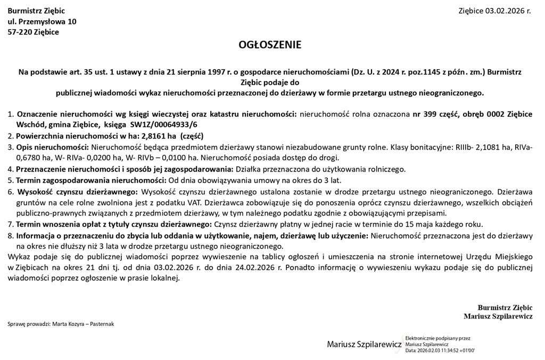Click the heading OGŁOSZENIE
270,45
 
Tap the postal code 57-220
20,32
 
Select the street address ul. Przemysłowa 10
42,21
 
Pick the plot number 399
430,114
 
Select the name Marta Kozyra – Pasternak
83,324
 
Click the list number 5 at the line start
11,180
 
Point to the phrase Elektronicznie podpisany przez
437,338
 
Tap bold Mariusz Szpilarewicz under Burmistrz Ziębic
498,316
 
